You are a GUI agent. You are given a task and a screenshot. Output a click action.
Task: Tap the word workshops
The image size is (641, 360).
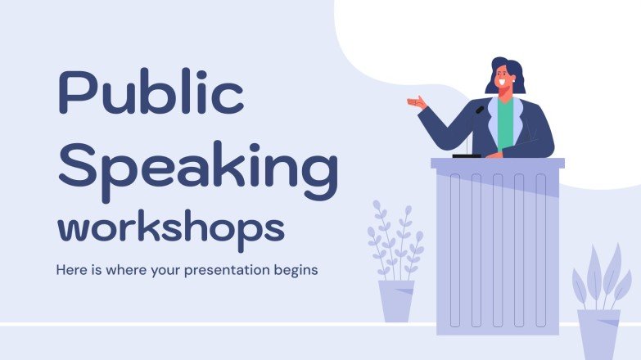click(x=170, y=226)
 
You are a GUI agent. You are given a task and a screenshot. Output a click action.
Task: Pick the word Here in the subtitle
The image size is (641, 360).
click(x=70, y=268)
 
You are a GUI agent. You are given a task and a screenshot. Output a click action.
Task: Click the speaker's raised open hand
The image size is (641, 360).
click(x=418, y=103)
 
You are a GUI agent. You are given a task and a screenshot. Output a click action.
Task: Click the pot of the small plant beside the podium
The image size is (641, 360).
click(x=396, y=300)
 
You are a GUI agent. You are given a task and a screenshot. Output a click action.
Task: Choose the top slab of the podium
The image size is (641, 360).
click(x=498, y=164)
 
